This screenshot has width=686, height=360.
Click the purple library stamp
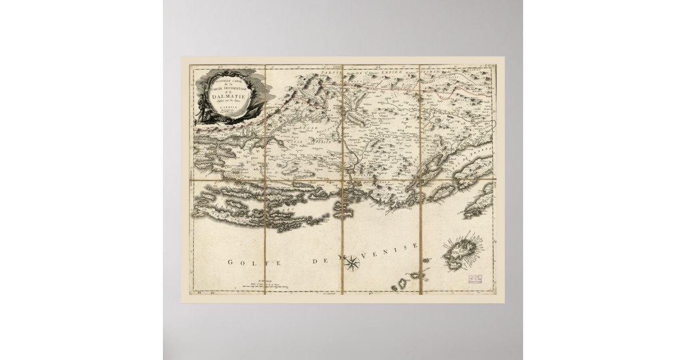coord(472,280)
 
